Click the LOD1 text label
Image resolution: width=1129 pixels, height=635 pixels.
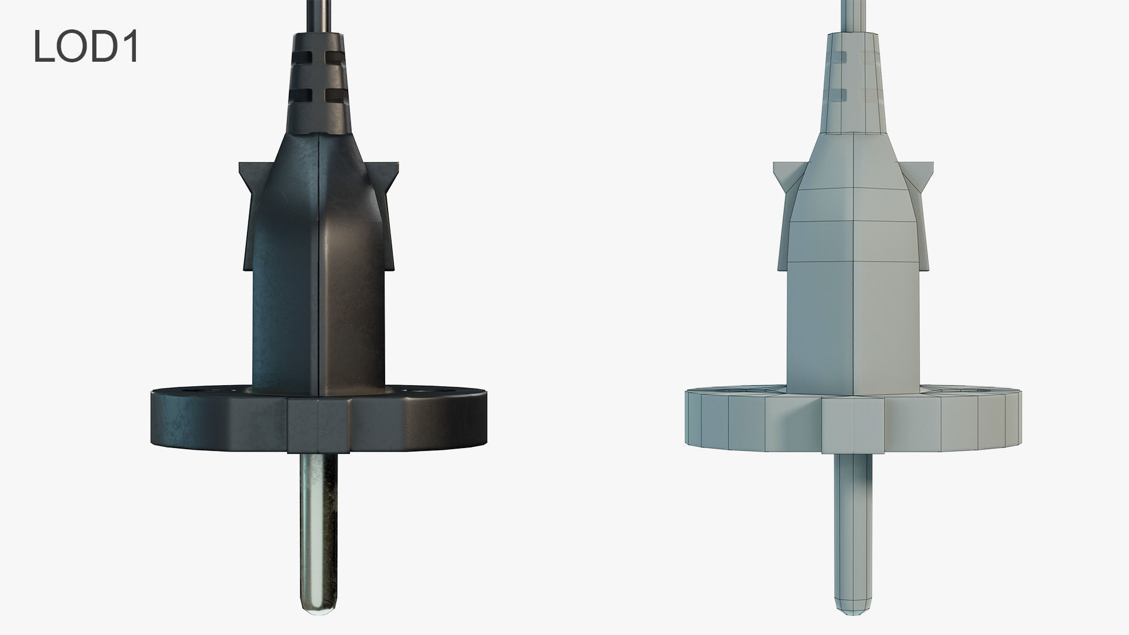click(86, 46)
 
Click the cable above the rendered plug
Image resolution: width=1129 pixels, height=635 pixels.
click(318, 15)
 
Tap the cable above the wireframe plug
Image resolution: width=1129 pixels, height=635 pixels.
click(852, 15)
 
